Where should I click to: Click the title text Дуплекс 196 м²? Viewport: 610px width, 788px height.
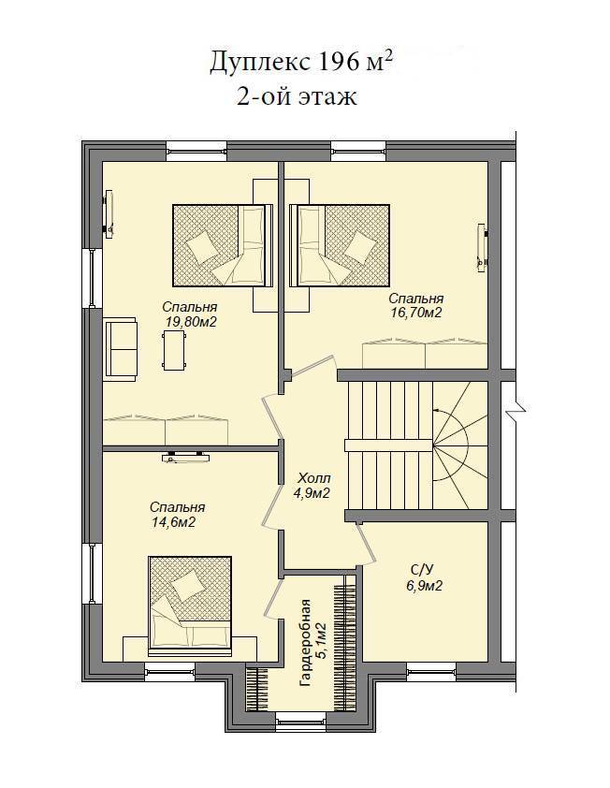point(301,63)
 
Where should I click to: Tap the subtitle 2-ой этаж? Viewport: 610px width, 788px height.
point(297,96)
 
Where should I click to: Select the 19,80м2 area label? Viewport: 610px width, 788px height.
point(191,322)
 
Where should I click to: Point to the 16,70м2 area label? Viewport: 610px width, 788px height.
point(416,313)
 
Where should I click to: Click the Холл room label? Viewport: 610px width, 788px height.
point(314,478)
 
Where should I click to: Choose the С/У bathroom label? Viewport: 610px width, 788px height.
point(422,570)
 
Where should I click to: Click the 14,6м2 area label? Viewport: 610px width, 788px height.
point(174,522)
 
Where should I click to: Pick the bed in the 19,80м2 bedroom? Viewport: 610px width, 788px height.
point(223,245)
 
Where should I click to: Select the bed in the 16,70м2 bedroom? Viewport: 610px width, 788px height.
point(340,245)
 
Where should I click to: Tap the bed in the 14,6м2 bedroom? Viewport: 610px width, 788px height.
point(191,606)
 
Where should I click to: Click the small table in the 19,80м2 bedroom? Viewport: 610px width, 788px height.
point(174,350)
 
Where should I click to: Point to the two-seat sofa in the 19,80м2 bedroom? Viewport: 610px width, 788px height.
point(120,349)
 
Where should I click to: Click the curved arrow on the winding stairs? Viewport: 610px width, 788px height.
point(450,445)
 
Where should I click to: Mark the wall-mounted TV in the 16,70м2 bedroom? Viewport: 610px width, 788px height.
point(483,247)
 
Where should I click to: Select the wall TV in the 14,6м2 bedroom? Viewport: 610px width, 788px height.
point(186,458)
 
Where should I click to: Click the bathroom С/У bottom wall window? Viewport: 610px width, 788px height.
point(431,671)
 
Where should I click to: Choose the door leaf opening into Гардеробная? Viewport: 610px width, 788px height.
point(274,600)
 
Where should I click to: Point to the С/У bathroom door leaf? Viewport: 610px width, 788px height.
point(368,545)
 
